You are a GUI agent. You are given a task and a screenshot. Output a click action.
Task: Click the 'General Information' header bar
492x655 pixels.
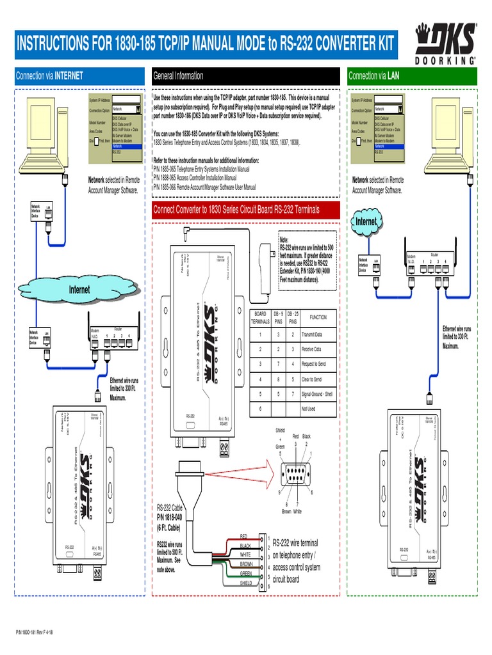[x=245, y=75]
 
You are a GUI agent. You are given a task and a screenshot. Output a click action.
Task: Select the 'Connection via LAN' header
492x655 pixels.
[x=413, y=75]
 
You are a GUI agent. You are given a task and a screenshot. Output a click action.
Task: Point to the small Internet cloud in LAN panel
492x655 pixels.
[x=366, y=221]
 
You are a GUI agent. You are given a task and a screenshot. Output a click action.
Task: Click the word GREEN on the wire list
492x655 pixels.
[x=246, y=573]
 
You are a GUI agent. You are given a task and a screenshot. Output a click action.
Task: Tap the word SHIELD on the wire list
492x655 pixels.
[x=246, y=583]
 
